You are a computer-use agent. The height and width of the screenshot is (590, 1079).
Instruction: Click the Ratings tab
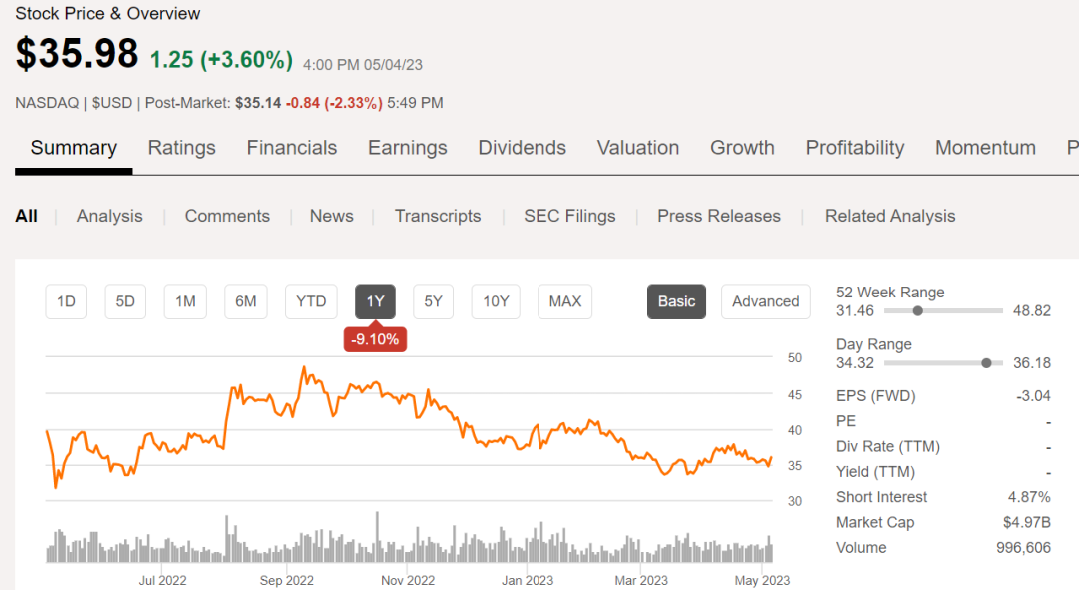[x=181, y=148]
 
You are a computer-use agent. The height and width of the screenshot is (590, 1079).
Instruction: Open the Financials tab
[x=292, y=148]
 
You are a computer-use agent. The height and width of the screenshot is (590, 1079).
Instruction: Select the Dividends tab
[x=522, y=148]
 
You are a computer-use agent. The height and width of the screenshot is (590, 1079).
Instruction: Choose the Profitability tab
[x=854, y=148]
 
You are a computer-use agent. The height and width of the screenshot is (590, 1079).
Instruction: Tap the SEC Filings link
[x=569, y=216]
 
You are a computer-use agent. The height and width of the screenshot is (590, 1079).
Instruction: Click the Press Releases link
[x=719, y=216]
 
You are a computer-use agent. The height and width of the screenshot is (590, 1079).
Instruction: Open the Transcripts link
[x=438, y=216]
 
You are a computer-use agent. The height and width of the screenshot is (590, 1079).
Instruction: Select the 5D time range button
[x=125, y=301]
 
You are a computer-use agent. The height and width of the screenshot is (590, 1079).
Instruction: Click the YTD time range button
[x=311, y=301]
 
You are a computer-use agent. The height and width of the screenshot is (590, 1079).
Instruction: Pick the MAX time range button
[x=564, y=301]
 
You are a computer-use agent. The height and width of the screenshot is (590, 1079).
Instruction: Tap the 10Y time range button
[x=496, y=301]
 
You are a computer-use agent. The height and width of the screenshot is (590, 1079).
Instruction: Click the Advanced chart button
[x=765, y=301]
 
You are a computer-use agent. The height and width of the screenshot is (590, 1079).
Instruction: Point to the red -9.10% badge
[x=375, y=339]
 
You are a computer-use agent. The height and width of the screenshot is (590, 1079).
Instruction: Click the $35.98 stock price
[x=77, y=53]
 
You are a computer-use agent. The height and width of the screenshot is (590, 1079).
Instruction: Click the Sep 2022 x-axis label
[x=287, y=580]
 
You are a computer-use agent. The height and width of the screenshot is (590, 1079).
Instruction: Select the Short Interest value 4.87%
[x=1029, y=497]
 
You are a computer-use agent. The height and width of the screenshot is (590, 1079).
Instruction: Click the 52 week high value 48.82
[x=1032, y=310]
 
